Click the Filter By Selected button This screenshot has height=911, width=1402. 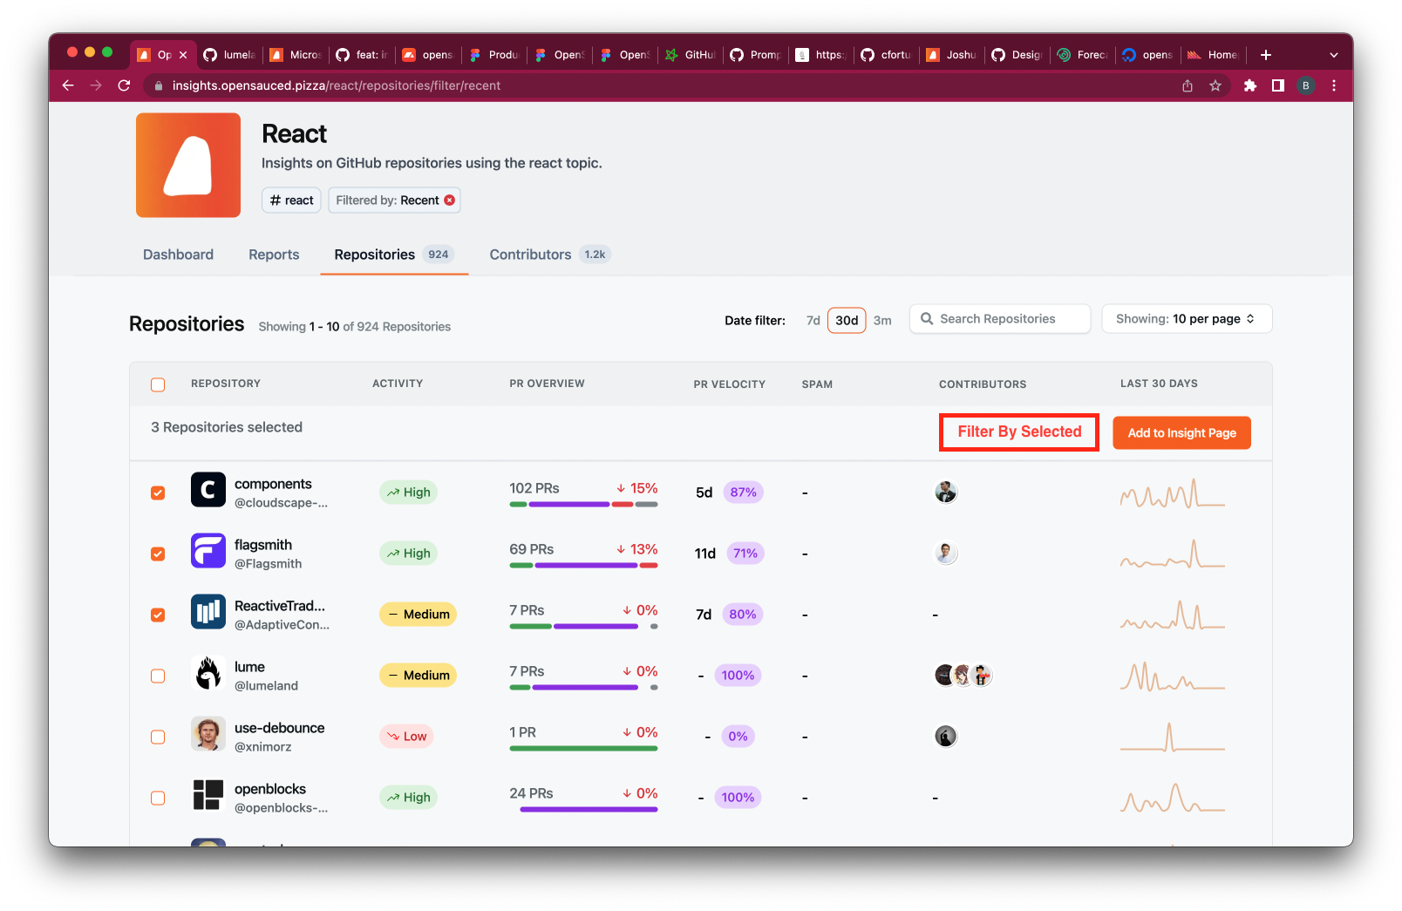[1018, 432]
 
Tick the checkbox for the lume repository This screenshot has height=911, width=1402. [158, 676]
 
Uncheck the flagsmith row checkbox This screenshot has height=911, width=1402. [158, 554]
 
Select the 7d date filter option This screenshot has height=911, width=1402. [813, 321]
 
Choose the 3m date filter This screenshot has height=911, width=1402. [882, 321]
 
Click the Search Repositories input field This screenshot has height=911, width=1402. [1000, 319]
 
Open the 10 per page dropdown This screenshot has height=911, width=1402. [1186, 319]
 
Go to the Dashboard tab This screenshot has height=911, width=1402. [178, 255]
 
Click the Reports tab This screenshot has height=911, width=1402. [274, 255]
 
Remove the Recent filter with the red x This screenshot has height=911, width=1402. [450, 201]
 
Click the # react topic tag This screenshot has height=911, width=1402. [291, 201]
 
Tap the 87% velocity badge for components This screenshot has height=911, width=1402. [743, 493]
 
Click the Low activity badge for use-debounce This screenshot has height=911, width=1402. [406, 737]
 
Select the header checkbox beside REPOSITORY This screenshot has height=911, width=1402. [158, 384]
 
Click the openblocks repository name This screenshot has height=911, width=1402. [270, 789]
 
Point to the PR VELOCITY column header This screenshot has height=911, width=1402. [729, 384]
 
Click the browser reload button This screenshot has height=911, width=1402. [124, 85]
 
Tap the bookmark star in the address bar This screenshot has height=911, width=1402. [1215, 85]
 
